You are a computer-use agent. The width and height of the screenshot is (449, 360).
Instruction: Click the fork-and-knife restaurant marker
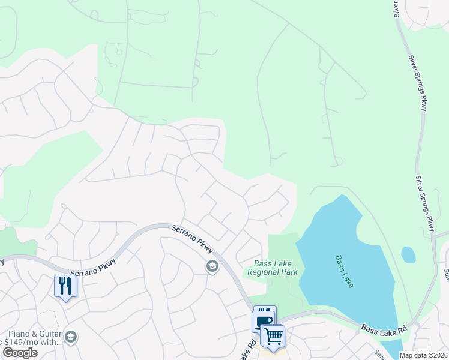click(x=65, y=286)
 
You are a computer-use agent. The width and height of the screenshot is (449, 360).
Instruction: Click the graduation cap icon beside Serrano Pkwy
click(x=212, y=266)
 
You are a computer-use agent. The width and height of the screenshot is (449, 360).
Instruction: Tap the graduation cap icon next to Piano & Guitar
click(x=71, y=337)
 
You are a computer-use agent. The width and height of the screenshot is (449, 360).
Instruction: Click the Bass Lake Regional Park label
click(x=273, y=268)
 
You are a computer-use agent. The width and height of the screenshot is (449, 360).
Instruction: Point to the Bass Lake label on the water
click(x=344, y=271)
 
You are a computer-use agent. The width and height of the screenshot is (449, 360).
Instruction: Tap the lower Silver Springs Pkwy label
click(x=425, y=203)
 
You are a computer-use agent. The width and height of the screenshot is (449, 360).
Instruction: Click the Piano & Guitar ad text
click(x=34, y=334)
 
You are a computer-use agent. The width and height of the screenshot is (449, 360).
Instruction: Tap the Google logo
click(x=19, y=353)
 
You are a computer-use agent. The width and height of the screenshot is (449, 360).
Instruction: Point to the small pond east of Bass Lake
click(x=408, y=254)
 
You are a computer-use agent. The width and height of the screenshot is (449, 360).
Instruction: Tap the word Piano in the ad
click(x=18, y=334)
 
